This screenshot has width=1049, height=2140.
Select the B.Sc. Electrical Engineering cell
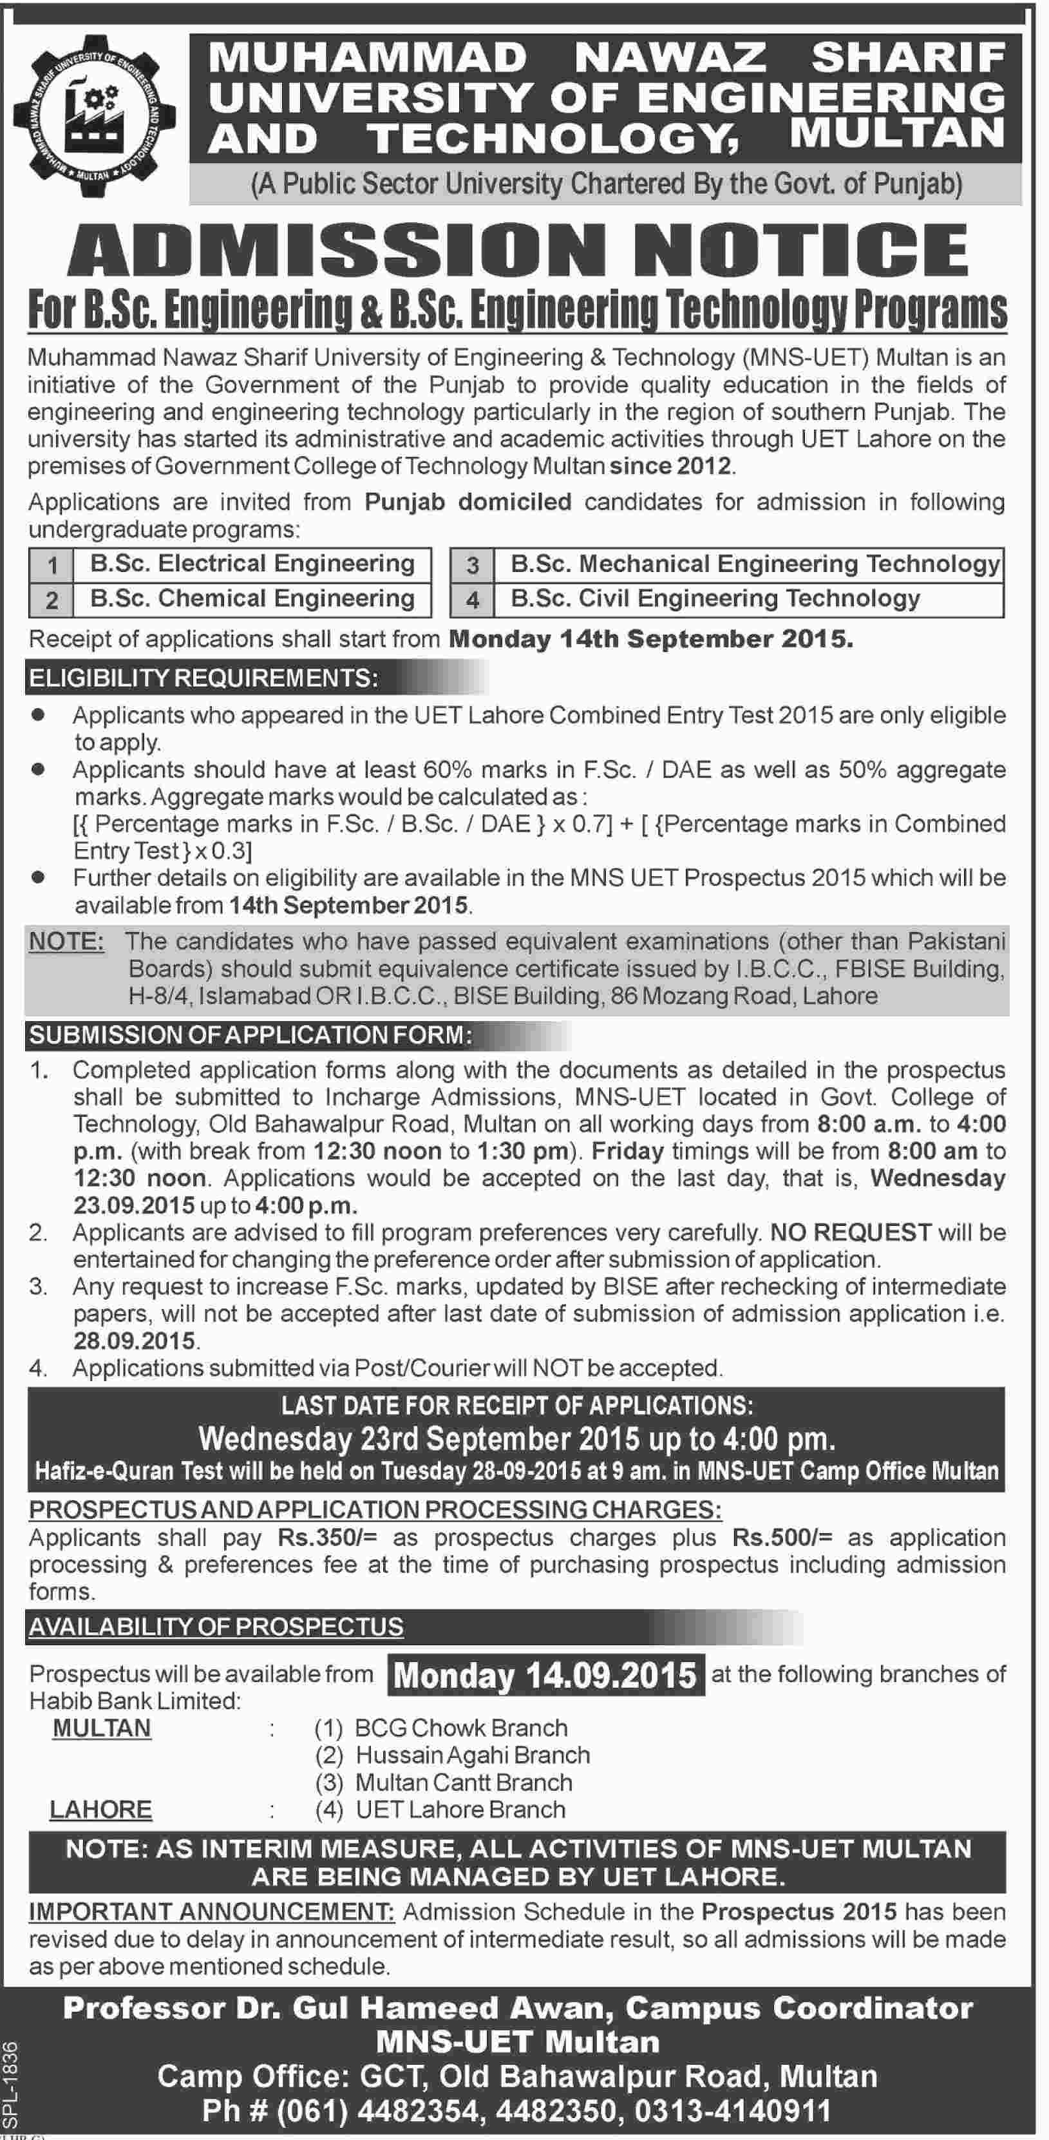[252, 564]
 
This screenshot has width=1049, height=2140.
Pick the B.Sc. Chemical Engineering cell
[252, 599]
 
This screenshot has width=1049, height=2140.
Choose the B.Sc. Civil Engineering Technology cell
[714, 599]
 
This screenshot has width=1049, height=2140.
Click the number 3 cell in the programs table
[472, 566]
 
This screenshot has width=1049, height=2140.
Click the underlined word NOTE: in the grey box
[66, 941]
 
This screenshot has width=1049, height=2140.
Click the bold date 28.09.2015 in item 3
[135, 1341]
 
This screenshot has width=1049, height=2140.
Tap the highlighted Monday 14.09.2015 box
[545, 1674]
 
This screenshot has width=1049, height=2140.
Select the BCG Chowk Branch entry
[461, 1728]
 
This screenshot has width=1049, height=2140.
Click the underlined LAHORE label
[101, 1810]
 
